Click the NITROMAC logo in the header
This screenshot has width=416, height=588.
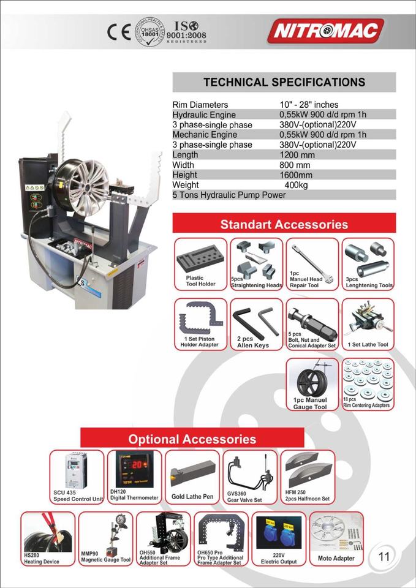click(328, 31)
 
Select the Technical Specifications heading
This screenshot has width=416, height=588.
click(284, 82)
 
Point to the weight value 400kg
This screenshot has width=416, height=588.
click(296, 185)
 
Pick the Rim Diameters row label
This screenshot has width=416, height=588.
click(200, 105)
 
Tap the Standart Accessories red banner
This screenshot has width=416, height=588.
click(284, 224)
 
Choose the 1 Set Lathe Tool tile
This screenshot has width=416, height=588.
click(368, 324)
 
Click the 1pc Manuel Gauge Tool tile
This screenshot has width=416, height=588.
click(312, 385)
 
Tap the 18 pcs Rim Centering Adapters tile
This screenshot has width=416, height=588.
click(368, 385)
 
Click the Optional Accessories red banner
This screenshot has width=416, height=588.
click(192, 439)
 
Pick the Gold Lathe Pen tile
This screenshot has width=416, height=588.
click(192, 477)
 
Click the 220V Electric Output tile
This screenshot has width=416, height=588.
click(278, 538)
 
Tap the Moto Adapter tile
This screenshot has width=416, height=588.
click(336, 538)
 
